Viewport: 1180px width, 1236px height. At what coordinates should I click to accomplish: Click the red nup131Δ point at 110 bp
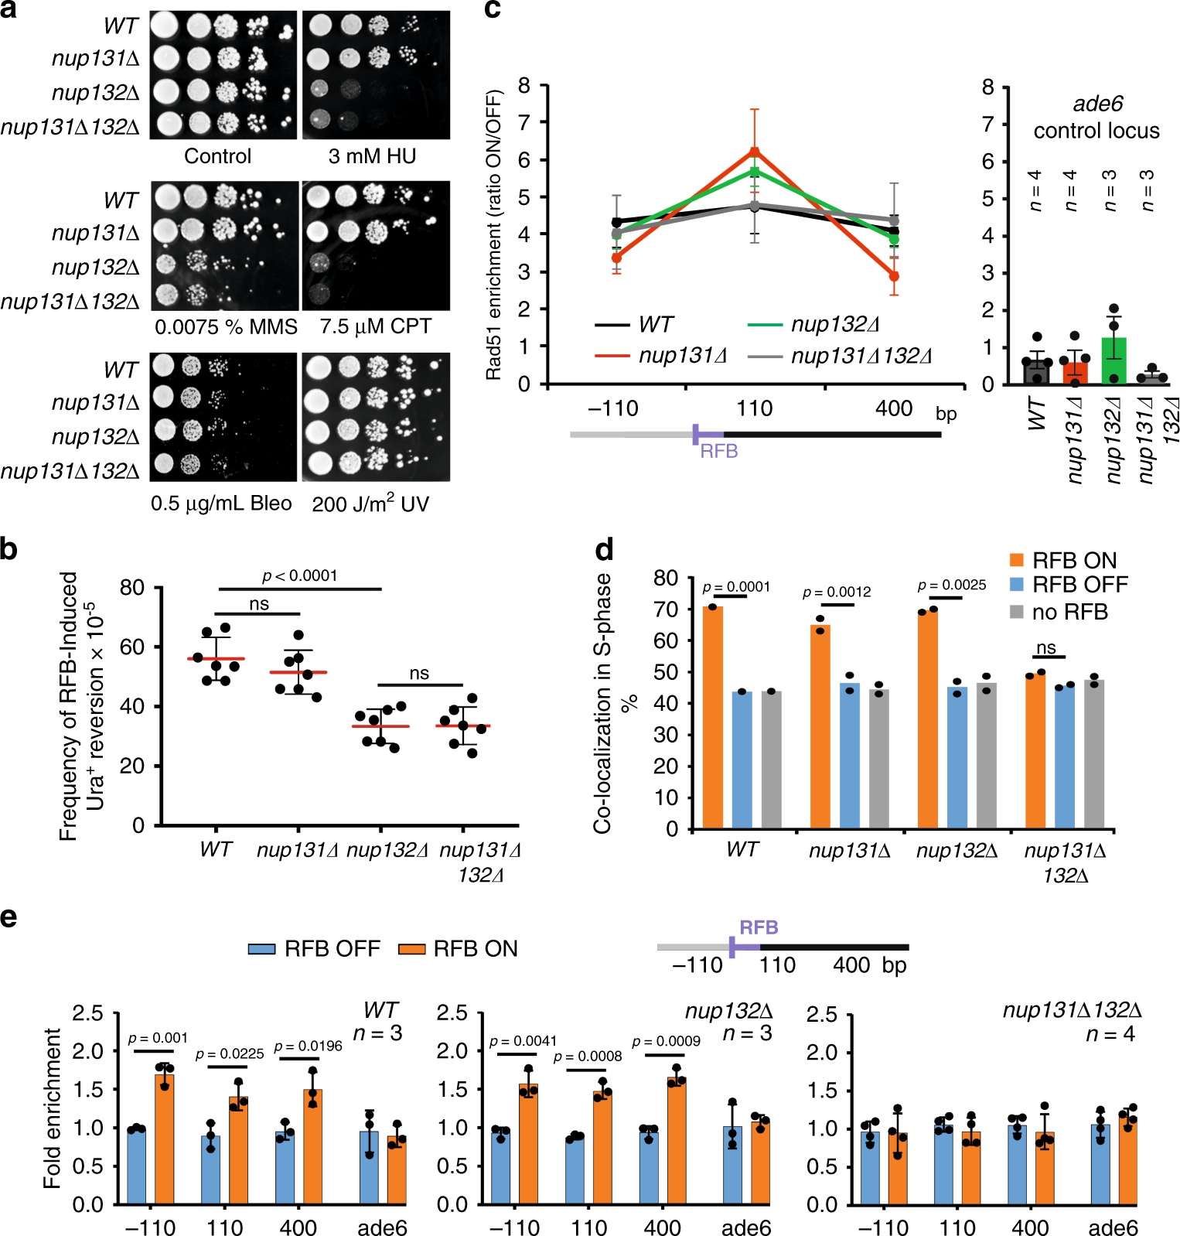tap(755, 152)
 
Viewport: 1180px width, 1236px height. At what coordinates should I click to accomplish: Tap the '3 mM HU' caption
tap(372, 156)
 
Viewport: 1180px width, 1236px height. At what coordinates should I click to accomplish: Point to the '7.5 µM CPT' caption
tap(375, 326)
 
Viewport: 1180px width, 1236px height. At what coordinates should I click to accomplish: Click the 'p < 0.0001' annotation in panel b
tap(299, 575)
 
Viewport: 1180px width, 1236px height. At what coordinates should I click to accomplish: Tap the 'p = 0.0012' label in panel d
tap(837, 592)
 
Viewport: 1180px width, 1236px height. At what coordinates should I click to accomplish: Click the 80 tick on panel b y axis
tap(132, 588)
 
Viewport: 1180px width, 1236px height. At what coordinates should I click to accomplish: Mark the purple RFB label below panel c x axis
tap(719, 451)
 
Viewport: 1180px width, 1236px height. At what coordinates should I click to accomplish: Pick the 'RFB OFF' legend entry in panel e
tap(314, 948)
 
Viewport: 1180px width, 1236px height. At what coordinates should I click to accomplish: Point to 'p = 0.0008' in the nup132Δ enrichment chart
tap(588, 1057)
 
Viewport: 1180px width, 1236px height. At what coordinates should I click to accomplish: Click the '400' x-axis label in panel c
tap(894, 408)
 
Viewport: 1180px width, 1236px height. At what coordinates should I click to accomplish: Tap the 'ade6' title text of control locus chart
tap(1097, 104)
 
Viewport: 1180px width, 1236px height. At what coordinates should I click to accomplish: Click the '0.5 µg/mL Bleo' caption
tap(221, 504)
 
